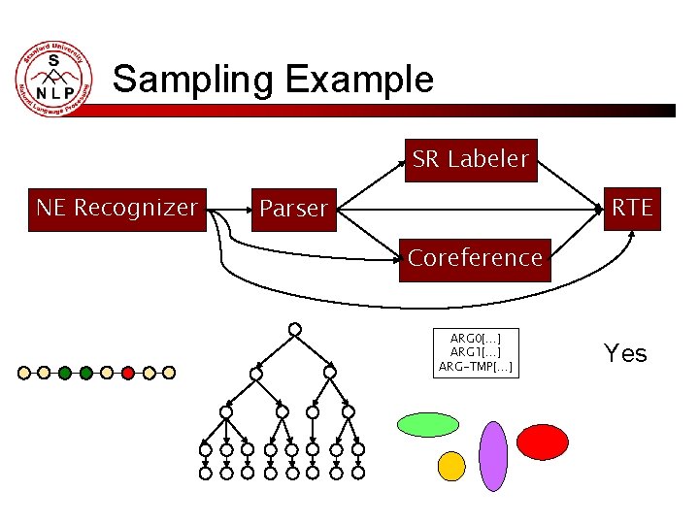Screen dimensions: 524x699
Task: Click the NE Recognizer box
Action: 117,209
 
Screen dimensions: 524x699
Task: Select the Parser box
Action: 294,210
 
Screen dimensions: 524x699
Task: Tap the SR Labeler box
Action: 470,159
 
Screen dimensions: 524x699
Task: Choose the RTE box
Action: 632,208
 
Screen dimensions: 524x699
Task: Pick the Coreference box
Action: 475,259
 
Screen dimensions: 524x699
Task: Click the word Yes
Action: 625,353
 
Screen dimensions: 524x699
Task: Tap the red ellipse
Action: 542,442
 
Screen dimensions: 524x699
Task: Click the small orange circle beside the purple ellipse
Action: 451,467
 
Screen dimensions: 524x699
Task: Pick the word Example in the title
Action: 359,79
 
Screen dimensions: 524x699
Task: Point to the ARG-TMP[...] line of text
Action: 476,366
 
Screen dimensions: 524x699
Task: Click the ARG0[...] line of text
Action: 476,338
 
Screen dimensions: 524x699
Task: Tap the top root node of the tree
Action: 294,329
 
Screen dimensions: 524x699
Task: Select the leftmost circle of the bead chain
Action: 23,372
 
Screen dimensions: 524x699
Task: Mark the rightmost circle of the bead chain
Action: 169,372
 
